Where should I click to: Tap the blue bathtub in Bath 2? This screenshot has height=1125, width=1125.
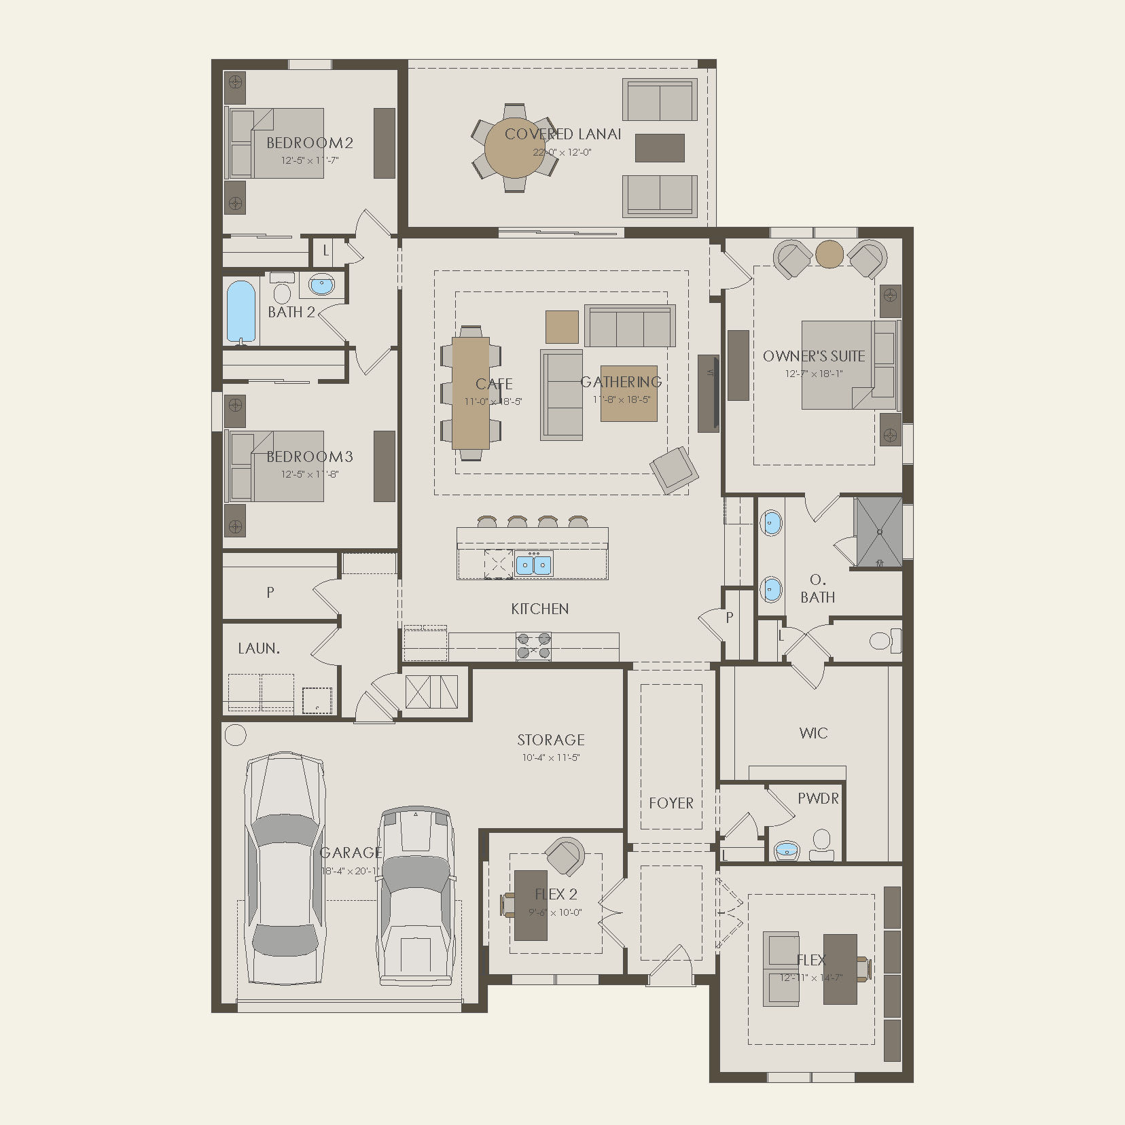point(241,312)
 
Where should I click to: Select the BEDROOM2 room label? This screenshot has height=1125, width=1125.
point(310,143)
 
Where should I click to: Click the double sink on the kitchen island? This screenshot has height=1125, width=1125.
point(534,565)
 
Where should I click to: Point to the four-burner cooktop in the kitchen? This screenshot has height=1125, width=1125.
point(533,646)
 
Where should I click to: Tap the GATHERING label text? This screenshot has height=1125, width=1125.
point(621,382)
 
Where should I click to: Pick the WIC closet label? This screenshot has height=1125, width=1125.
point(813,733)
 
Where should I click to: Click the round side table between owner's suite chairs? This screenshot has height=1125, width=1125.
point(829,253)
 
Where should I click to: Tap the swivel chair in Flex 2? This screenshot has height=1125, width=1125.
point(566,856)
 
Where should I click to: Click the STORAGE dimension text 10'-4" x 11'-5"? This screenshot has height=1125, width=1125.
point(550,757)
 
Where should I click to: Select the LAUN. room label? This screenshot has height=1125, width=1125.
point(259,649)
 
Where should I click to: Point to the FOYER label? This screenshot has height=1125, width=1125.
point(671,803)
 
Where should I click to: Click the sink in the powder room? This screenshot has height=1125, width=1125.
point(787,849)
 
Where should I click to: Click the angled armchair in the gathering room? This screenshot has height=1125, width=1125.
point(673,469)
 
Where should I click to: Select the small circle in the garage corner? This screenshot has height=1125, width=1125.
point(235,734)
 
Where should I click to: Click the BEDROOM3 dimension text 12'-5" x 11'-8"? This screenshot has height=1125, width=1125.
point(310,474)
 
